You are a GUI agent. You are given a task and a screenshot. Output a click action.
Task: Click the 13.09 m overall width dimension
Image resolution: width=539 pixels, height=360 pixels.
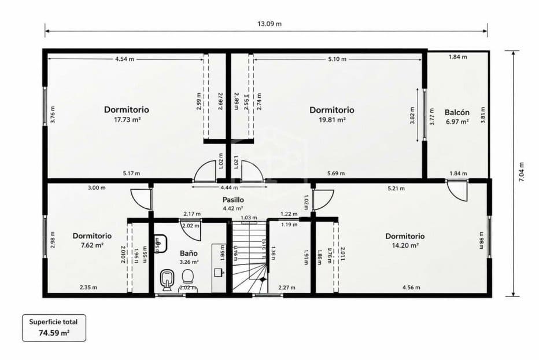pos(269,24)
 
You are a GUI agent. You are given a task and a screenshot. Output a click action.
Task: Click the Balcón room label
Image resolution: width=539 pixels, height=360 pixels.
pos(457,112)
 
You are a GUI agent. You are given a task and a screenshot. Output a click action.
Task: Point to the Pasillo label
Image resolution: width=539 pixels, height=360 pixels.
pos(232,200)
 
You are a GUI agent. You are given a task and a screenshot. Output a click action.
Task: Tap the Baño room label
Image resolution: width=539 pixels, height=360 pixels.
pos(189,253)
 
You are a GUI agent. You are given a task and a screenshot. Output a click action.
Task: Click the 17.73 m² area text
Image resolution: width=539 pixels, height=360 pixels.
pos(127,120)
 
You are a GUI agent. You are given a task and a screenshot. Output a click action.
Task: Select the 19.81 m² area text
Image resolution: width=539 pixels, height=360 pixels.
pos(332,120)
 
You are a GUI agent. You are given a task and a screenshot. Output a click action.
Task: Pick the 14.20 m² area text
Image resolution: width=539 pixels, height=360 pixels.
pos(405,245)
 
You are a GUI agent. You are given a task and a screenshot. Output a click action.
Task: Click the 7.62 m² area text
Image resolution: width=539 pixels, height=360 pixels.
pos(91,245)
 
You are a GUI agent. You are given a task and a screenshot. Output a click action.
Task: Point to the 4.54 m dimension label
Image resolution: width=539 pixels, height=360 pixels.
pos(124,59)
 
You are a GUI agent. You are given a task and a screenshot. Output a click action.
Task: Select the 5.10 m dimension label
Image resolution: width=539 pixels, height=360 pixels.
pos(337,59)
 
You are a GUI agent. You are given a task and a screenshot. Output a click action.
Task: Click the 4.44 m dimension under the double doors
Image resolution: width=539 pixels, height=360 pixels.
pos(230,187)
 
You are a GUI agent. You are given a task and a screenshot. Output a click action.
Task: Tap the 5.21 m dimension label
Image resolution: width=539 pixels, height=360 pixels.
pos(396,188)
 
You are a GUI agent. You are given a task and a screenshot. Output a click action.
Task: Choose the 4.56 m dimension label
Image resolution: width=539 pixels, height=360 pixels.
pos(411,287)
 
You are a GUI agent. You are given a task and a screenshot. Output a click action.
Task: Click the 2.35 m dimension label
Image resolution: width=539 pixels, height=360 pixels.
pos(88,287)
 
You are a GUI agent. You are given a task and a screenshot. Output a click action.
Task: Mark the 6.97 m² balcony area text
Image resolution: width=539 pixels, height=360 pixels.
pos(456,122)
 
